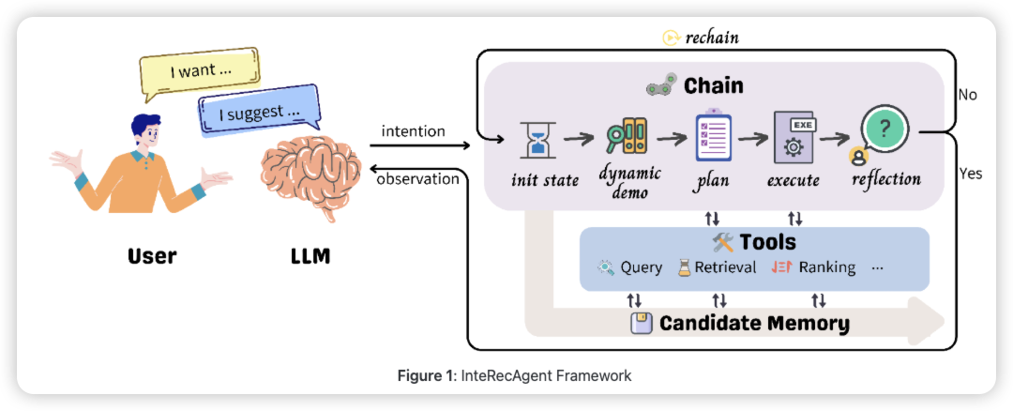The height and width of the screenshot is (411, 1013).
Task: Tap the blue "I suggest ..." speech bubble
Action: point(259,114)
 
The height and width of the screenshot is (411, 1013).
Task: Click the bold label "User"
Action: point(152,255)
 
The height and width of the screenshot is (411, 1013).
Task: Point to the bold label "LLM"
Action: point(310,255)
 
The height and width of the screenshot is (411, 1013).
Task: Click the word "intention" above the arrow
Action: point(414,131)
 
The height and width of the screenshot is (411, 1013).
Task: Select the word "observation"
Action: point(417,178)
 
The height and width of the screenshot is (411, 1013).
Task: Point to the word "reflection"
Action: point(886,178)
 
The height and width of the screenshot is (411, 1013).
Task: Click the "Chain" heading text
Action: point(713,86)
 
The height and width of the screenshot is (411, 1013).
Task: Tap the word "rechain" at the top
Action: point(712,38)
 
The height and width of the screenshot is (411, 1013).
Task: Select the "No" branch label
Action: point(968,95)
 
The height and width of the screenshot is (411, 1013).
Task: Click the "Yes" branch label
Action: point(971,174)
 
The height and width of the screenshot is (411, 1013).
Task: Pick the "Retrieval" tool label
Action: point(725,267)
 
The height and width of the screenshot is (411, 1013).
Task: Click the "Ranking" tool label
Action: point(826,267)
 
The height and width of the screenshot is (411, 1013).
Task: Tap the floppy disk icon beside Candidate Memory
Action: point(642,324)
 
